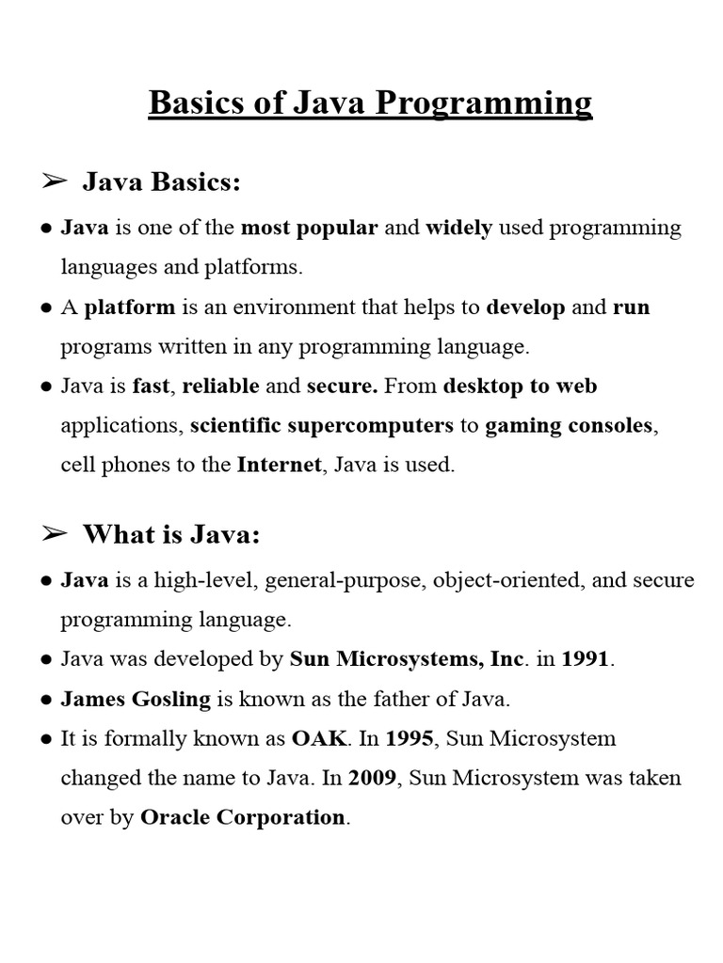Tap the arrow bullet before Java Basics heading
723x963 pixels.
(55, 182)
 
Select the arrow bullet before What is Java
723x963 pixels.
(55, 534)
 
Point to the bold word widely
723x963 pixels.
(459, 228)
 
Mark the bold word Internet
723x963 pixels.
(279, 465)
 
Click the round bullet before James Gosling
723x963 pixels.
(46, 700)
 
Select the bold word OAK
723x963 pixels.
(320, 738)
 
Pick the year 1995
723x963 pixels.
(409, 738)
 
